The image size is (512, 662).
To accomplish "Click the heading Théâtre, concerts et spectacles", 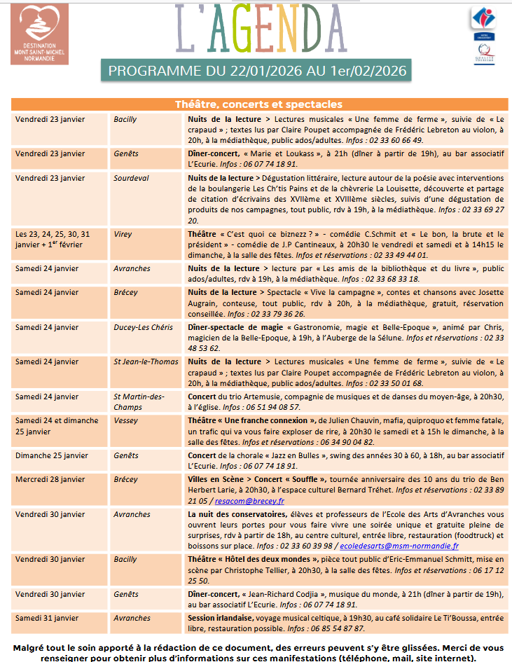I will coord(258,104).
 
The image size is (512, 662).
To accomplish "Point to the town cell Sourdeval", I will coord(131,178).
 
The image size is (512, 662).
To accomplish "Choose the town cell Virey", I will coord(123,234).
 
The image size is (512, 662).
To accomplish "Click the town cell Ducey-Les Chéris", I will coord(141,326).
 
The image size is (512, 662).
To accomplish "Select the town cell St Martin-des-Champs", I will coord(139,401).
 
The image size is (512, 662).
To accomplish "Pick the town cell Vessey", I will coord(126,420).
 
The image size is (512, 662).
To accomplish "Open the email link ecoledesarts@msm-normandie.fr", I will coord(400,546).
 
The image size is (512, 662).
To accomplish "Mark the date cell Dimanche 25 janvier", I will coord(50,455).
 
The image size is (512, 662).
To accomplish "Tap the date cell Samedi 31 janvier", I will coord(47,618).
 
